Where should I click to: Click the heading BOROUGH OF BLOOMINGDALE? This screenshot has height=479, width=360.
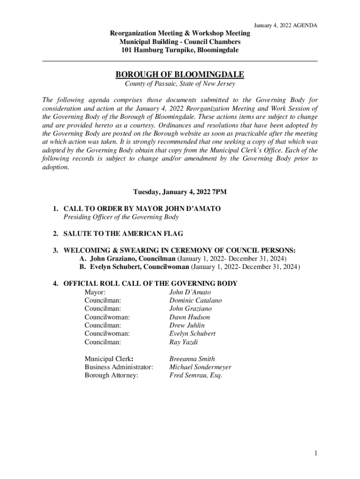point(180,75)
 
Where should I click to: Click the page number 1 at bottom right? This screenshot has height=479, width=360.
point(317,453)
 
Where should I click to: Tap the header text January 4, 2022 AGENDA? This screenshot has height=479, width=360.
point(285,25)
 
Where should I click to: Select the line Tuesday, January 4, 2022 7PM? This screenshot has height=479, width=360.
point(180,192)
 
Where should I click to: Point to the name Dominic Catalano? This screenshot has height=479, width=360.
point(195,300)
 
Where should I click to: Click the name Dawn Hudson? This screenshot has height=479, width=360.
point(189,317)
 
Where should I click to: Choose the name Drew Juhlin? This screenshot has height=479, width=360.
point(187,325)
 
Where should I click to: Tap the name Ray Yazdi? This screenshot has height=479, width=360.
point(183,342)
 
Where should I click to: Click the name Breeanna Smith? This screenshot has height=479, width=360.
point(192,359)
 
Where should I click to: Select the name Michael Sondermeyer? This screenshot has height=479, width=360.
point(200,367)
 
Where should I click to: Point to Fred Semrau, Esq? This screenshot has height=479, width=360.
point(195,375)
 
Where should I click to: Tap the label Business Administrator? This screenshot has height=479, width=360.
point(119,367)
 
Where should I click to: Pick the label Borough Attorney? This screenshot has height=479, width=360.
point(111,375)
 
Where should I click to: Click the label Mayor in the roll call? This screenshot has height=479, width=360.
point(94,292)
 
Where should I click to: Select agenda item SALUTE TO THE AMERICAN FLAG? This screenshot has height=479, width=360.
point(123,233)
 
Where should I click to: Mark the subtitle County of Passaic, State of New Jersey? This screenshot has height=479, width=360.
point(180,84)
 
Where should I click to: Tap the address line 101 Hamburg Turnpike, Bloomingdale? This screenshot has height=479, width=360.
point(180,50)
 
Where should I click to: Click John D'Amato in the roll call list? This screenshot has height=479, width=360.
point(190,292)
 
